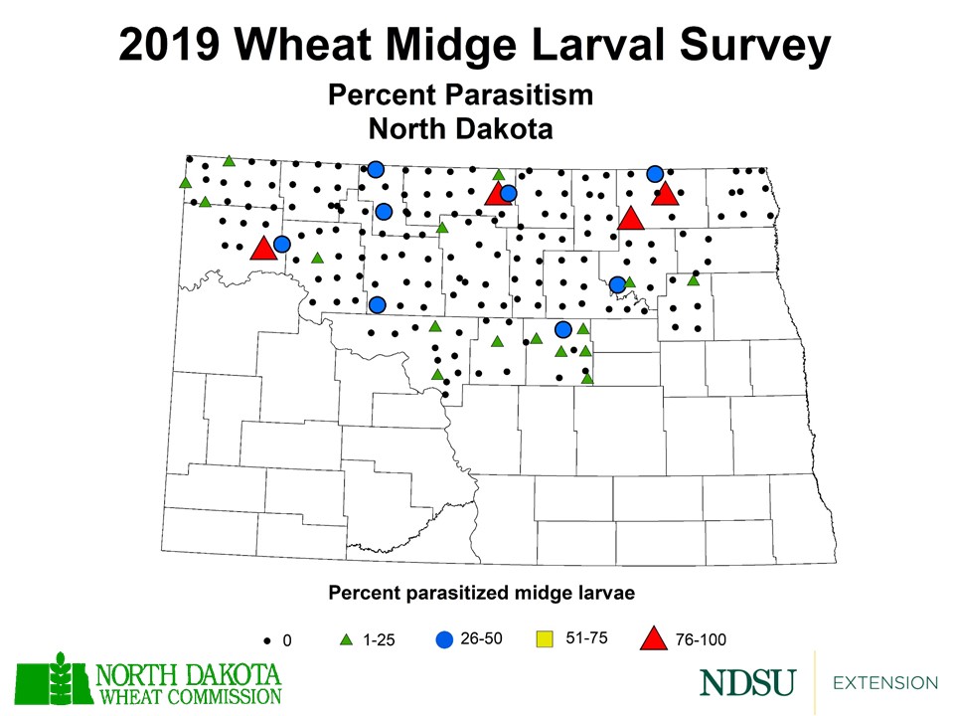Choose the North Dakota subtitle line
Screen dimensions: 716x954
460,128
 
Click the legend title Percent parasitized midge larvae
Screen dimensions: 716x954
481,593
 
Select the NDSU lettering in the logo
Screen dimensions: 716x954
747,683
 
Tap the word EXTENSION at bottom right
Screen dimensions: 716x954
884,683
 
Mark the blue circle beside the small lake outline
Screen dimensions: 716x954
617,284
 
